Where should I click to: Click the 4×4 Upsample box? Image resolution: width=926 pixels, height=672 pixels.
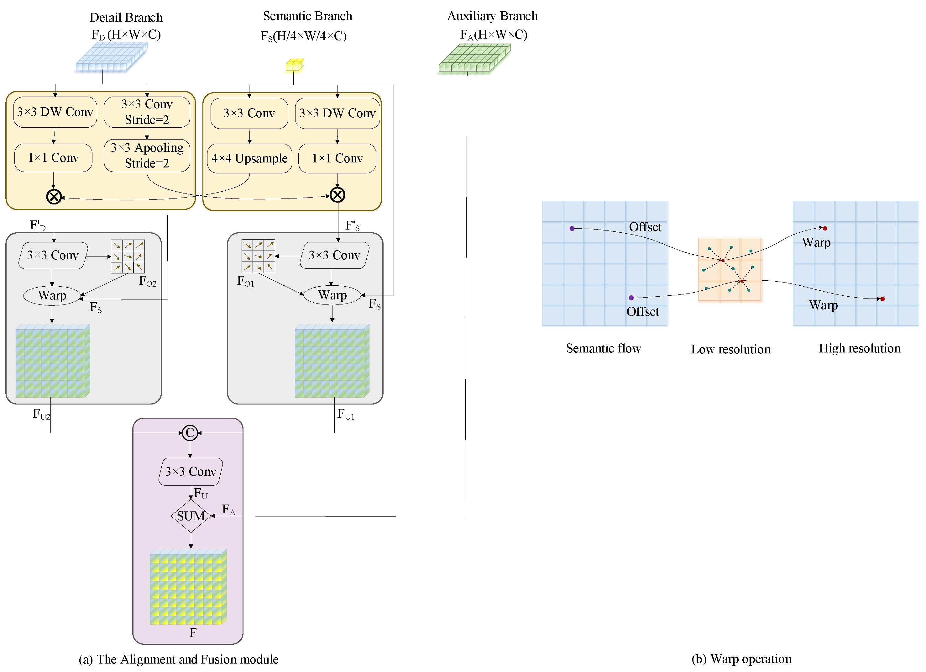click(249, 158)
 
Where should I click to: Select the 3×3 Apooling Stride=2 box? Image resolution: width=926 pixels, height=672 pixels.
click(147, 155)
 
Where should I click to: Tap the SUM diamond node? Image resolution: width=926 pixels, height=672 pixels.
click(191, 516)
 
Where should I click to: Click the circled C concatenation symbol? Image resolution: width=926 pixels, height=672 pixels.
click(190, 433)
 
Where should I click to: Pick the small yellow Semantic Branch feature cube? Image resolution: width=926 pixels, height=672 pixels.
click(294, 65)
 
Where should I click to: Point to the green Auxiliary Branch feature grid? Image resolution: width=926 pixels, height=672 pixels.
click(474, 58)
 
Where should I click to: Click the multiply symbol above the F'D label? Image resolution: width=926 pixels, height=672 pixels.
click(54, 197)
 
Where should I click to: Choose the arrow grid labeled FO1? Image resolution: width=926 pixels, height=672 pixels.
click(258, 256)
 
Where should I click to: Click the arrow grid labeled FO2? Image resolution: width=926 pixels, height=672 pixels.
click(128, 256)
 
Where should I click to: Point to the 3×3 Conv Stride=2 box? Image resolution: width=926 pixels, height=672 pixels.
click(147, 112)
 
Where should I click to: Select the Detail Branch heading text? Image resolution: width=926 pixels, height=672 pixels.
click(126, 18)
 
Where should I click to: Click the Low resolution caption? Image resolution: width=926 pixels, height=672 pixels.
click(730, 349)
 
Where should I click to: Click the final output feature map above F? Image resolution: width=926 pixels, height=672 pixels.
click(188, 587)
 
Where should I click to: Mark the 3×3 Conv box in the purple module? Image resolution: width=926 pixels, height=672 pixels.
click(191, 471)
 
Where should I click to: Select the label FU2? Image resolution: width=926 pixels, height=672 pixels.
click(41, 414)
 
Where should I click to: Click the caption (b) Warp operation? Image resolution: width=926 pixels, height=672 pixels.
click(741, 659)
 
